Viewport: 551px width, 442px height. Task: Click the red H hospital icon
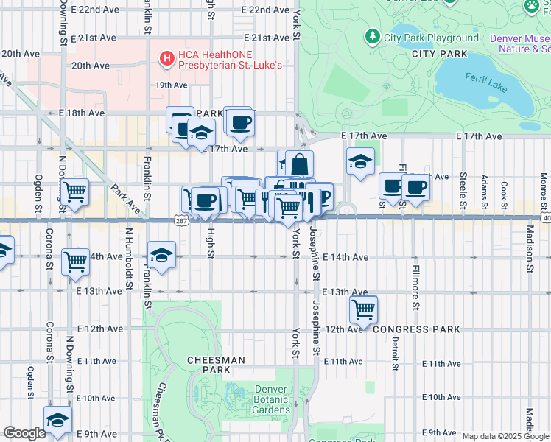167,56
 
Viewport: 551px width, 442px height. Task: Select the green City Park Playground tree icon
373,36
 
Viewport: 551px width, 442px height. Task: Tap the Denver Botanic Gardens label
272,399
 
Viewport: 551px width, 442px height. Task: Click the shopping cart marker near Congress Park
364,309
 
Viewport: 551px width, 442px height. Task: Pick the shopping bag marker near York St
299,164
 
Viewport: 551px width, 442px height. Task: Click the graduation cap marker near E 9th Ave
57,420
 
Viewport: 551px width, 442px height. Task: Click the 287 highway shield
181,220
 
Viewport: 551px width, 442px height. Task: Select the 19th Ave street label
171,85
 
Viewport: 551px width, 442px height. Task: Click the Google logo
24,433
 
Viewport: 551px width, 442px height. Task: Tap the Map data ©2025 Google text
505,436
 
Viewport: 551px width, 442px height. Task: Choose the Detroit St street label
395,346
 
